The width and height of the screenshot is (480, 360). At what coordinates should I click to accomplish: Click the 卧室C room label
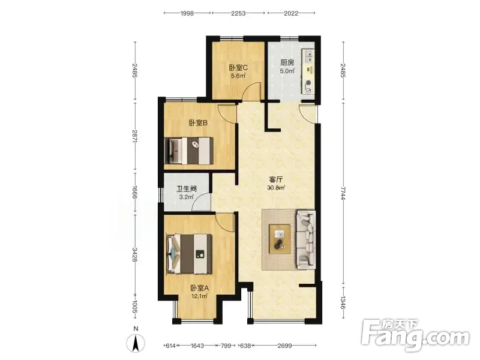coord(238,67)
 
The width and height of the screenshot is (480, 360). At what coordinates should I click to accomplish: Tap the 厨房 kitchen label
coord(287,62)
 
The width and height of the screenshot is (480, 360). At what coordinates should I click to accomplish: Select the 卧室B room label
coord(199,123)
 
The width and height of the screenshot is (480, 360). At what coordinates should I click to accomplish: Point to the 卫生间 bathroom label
coord(187,189)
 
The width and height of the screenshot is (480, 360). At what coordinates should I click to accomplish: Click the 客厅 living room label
coord(275,179)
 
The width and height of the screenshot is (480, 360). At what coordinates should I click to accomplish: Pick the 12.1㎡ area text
coord(200,296)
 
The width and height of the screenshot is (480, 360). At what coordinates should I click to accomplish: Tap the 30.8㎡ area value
coord(276,188)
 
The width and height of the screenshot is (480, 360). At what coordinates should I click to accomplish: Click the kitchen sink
coord(308,56)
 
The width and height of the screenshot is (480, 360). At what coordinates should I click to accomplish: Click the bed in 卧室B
coord(189,151)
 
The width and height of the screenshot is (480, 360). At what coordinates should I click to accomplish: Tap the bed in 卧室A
coord(190,254)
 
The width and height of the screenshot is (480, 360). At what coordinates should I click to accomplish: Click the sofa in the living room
coord(306,239)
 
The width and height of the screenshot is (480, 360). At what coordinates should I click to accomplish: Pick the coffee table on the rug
coord(280,239)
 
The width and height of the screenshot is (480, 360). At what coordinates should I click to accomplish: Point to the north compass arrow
coord(136,343)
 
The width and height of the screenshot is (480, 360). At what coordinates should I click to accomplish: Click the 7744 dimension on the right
coord(343,193)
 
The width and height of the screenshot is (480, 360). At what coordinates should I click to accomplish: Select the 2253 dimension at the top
coord(238,13)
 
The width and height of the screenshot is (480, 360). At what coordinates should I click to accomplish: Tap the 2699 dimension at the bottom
coord(284,346)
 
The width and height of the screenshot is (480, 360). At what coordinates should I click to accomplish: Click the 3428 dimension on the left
coord(134,254)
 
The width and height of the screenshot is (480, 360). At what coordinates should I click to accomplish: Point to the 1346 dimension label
coord(343,303)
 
